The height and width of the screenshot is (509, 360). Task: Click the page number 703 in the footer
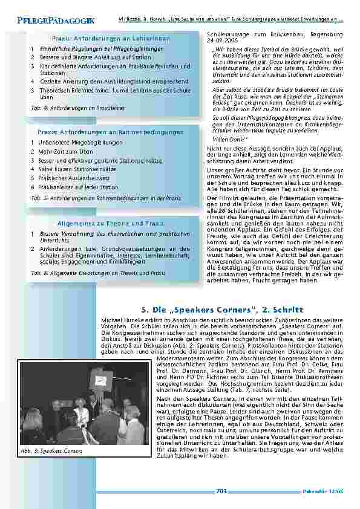click(221, 491)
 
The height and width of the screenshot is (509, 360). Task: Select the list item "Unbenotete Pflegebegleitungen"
click(76, 143)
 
